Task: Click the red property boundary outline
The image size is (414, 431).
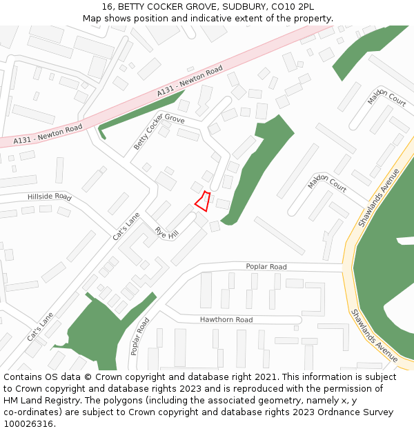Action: (202, 201)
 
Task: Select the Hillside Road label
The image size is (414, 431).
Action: (50, 197)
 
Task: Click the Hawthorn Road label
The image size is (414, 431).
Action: (226, 320)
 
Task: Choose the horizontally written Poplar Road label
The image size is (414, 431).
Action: (266, 267)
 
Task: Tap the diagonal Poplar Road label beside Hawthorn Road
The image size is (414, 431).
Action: (139, 336)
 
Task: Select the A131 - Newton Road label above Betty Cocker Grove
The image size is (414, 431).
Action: (190, 81)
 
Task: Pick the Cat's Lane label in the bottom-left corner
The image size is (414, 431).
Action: (40, 327)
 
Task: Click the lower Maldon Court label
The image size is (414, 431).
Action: (327, 183)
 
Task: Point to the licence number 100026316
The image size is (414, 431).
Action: (28, 424)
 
